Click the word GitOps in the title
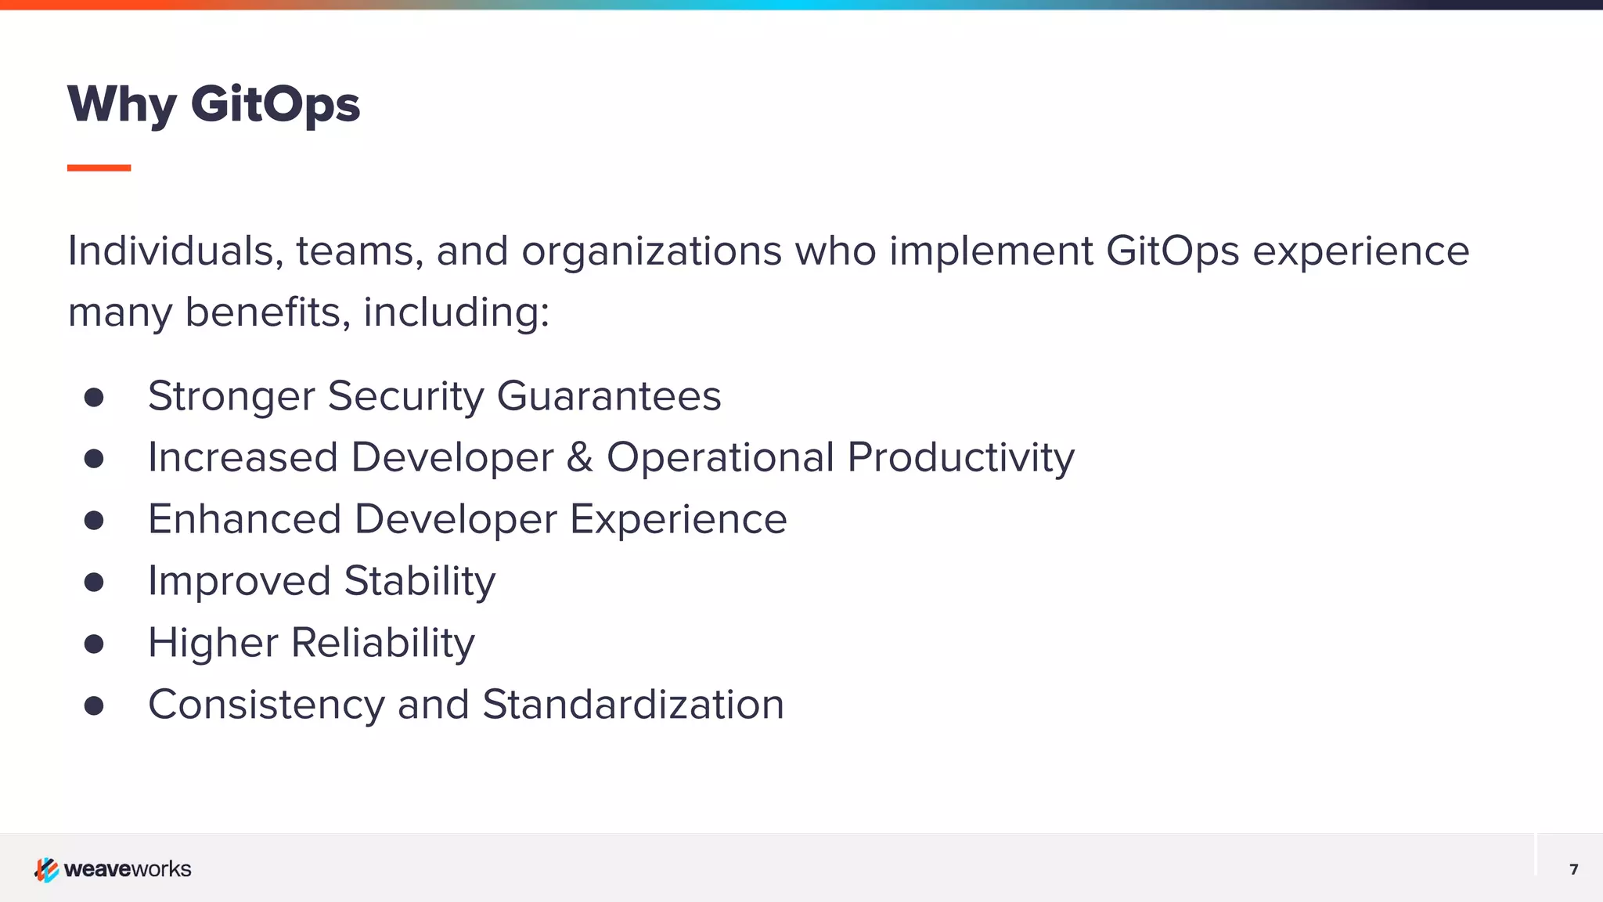[x=276, y=104]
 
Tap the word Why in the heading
[x=122, y=104]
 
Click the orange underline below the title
[x=99, y=168]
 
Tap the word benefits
[x=267, y=312]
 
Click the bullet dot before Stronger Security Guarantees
[x=94, y=397]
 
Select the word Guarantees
[x=608, y=396]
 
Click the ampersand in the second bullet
[x=579, y=457]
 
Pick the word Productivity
[x=960, y=458]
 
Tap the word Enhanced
[x=244, y=519]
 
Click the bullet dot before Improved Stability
[x=94, y=582]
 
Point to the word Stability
[x=420, y=582]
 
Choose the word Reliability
[x=383, y=644]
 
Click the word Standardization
[x=632, y=705]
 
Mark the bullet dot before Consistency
[x=94, y=705]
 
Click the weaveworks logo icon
[x=46, y=869]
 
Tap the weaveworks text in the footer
[x=128, y=869]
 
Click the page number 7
[x=1573, y=869]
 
